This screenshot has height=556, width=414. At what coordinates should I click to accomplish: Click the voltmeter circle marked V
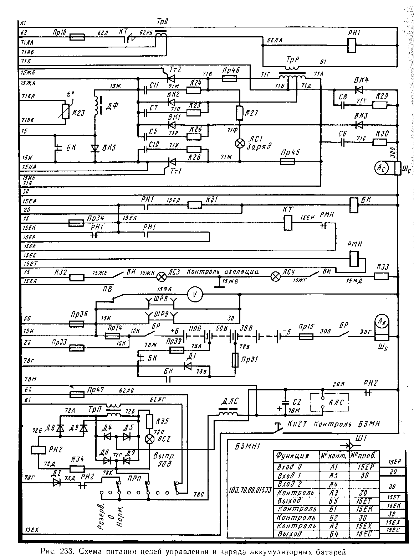click(195, 295)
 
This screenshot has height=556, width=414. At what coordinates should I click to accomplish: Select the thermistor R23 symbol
click(65, 111)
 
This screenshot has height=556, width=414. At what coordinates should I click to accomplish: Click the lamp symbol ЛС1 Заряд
click(240, 143)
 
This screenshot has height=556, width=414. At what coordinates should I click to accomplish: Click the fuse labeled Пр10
click(77, 37)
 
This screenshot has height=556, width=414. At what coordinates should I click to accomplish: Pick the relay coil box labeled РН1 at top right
click(352, 45)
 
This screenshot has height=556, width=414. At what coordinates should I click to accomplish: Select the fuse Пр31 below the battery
click(235, 360)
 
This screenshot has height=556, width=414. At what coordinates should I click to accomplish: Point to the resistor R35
click(149, 421)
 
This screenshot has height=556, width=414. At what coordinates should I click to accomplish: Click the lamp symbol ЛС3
click(162, 277)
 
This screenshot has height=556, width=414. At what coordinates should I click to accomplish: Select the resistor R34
click(77, 469)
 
